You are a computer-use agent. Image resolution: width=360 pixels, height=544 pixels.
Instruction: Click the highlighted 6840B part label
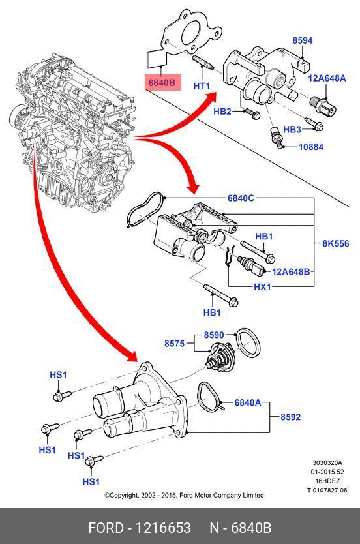[163, 83]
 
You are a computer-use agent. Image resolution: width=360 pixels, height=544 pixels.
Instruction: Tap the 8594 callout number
[303, 40]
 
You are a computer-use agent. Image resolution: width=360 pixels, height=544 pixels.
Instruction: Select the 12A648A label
[327, 78]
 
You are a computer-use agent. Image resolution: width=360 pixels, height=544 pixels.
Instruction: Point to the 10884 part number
[310, 147]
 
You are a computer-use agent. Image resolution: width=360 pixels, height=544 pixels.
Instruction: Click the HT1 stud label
[202, 85]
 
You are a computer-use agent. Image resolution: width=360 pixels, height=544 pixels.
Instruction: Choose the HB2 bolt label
[222, 112]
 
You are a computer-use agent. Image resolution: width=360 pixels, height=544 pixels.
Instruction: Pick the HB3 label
[292, 129]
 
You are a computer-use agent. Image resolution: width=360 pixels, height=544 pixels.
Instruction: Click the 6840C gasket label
[241, 198]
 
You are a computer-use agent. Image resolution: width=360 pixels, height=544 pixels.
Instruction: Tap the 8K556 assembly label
[336, 243]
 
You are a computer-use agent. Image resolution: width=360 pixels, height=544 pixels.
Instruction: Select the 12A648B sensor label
[291, 271]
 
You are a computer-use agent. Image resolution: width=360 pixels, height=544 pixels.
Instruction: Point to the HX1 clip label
[262, 287]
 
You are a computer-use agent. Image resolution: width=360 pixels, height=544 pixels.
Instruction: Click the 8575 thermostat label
[174, 344]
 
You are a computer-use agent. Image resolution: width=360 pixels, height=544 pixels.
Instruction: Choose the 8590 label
[214, 335]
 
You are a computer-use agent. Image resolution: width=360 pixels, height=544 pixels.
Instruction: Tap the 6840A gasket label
[248, 402]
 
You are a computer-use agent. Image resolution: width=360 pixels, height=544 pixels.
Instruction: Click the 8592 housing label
[291, 417]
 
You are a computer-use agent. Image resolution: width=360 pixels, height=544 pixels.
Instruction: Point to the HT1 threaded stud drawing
[202, 63]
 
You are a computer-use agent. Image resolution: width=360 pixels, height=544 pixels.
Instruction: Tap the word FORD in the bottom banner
[106, 528]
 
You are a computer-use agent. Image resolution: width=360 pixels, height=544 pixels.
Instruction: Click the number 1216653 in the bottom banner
[162, 528]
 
